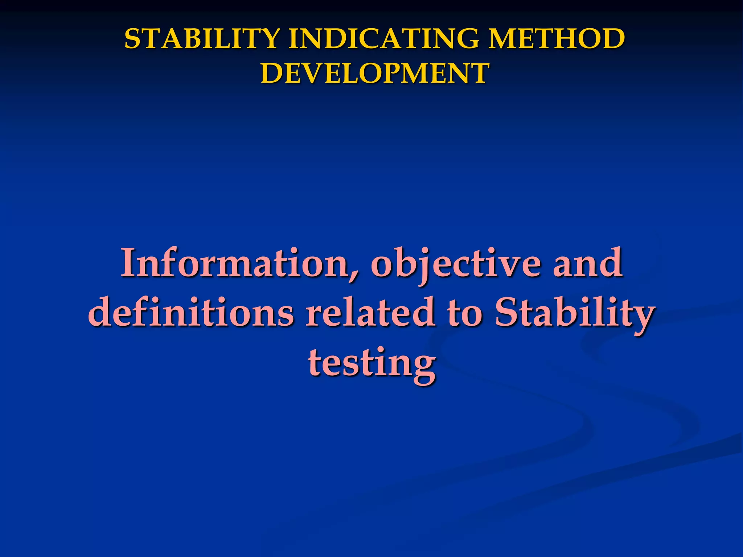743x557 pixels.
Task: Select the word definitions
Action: pyautogui.click(x=191, y=313)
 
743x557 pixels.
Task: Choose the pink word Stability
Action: pyautogui.click(x=574, y=313)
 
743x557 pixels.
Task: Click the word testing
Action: pyautogui.click(x=371, y=363)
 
